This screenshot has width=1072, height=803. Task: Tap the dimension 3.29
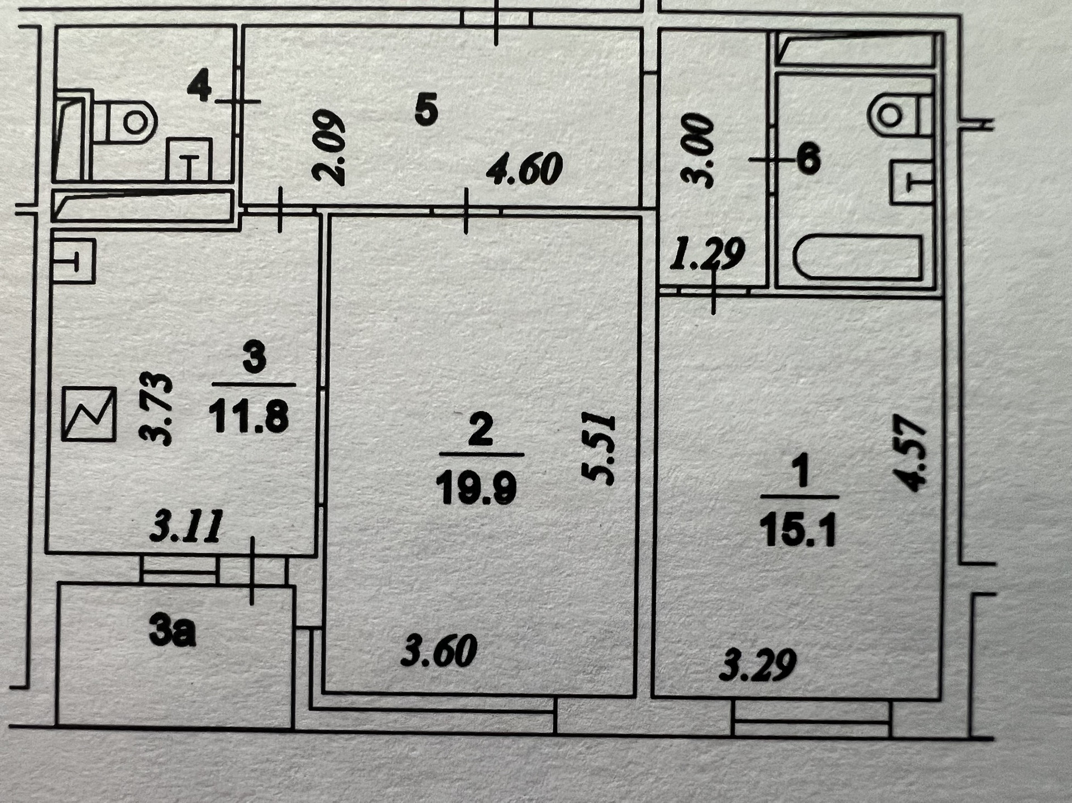click(x=758, y=665)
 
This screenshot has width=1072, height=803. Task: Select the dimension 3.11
click(x=186, y=526)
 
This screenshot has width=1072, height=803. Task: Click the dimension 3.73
click(x=156, y=408)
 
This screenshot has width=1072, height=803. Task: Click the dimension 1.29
click(x=707, y=254)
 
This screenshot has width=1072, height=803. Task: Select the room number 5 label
click(x=427, y=110)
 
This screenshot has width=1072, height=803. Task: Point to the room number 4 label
click(x=199, y=86)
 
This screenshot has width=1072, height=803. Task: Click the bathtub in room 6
click(x=858, y=257)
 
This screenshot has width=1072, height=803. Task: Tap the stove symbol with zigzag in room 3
click(x=89, y=413)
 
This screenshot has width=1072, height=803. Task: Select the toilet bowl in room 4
click(x=131, y=121)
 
